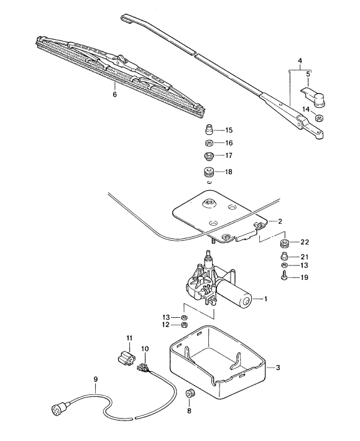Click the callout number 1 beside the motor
coord(265,299)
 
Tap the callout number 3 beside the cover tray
coord(278,368)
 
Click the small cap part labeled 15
coord(210,131)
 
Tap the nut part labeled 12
coord(185,325)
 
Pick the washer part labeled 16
coord(210,143)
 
